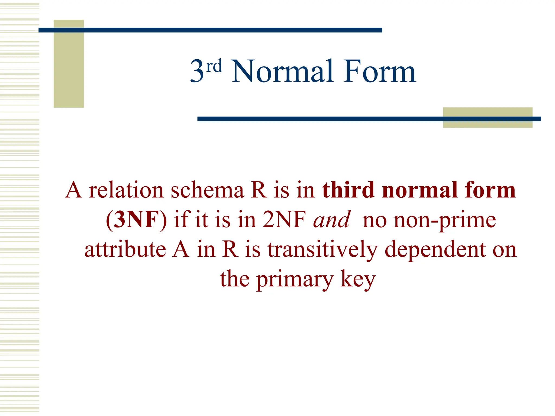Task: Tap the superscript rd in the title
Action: tap(214, 66)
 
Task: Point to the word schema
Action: tap(208, 190)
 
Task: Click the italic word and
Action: tap(332, 220)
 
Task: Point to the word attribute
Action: tap(125, 249)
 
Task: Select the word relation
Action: tap(126, 190)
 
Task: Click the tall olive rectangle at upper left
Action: tap(69, 64)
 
